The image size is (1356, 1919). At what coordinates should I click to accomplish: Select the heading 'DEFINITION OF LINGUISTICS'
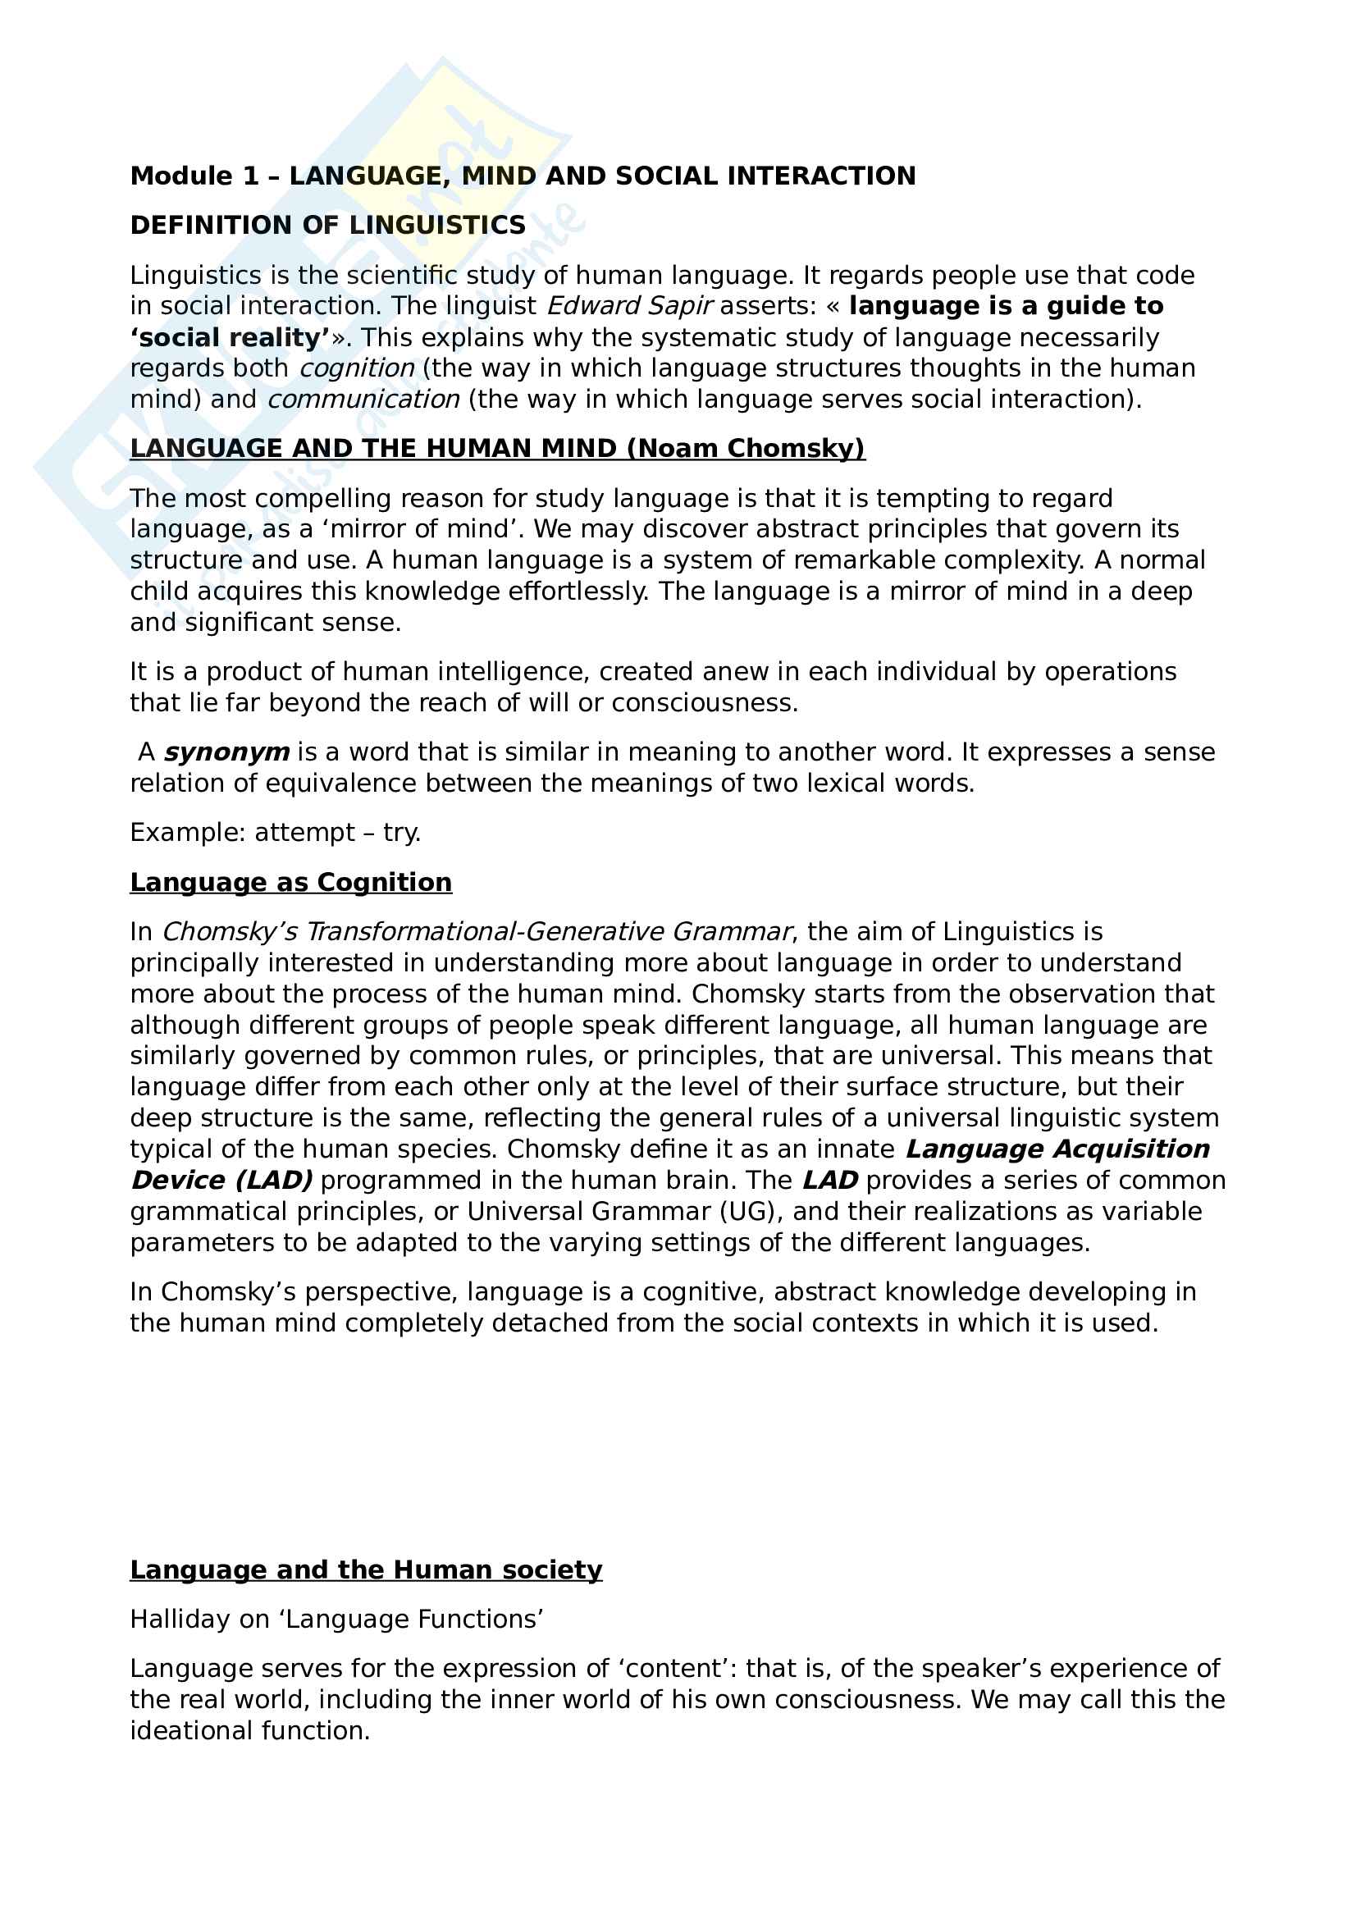click(x=327, y=225)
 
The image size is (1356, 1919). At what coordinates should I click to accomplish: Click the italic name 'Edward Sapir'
click(x=629, y=306)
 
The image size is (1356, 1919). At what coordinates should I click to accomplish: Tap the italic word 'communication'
click(x=363, y=400)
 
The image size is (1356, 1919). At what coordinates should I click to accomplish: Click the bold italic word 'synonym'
click(x=226, y=752)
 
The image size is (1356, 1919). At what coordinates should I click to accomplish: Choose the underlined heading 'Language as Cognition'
click(x=290, y=883)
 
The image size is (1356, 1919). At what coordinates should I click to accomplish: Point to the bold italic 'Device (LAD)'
click(x=221, y=1180)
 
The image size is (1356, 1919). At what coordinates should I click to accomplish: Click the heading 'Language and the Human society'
click(x=366, y=1570)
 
